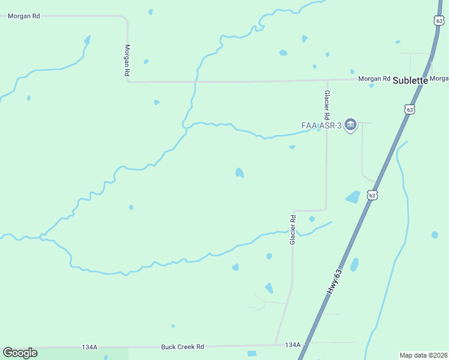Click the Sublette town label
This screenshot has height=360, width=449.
(411, 80)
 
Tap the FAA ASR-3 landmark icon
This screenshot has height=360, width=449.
(351, 125)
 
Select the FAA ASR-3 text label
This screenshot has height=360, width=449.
(321, 125)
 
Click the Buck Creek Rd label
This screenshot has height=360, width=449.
(182, 347)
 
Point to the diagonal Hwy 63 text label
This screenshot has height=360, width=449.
(335, 281)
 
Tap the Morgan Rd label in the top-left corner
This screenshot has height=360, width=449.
(23, 16)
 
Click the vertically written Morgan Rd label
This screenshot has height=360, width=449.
(127, 59)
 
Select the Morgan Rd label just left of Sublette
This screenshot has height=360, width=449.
(374, 79)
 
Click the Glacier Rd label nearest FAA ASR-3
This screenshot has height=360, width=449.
(327, 104)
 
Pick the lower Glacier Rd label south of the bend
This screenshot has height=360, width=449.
(293, 229)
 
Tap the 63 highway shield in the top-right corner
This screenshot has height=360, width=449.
(439, 20)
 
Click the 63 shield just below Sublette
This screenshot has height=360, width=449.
(409, 109)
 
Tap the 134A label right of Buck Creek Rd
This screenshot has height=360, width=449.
(292, 345)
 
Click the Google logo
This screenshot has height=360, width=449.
(20, 353)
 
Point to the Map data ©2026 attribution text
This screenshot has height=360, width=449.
(423, 355)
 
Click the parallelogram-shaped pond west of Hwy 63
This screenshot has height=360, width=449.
(352, 197)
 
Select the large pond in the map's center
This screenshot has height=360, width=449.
(240, 173)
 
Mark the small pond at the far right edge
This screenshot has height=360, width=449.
(435, 235)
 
